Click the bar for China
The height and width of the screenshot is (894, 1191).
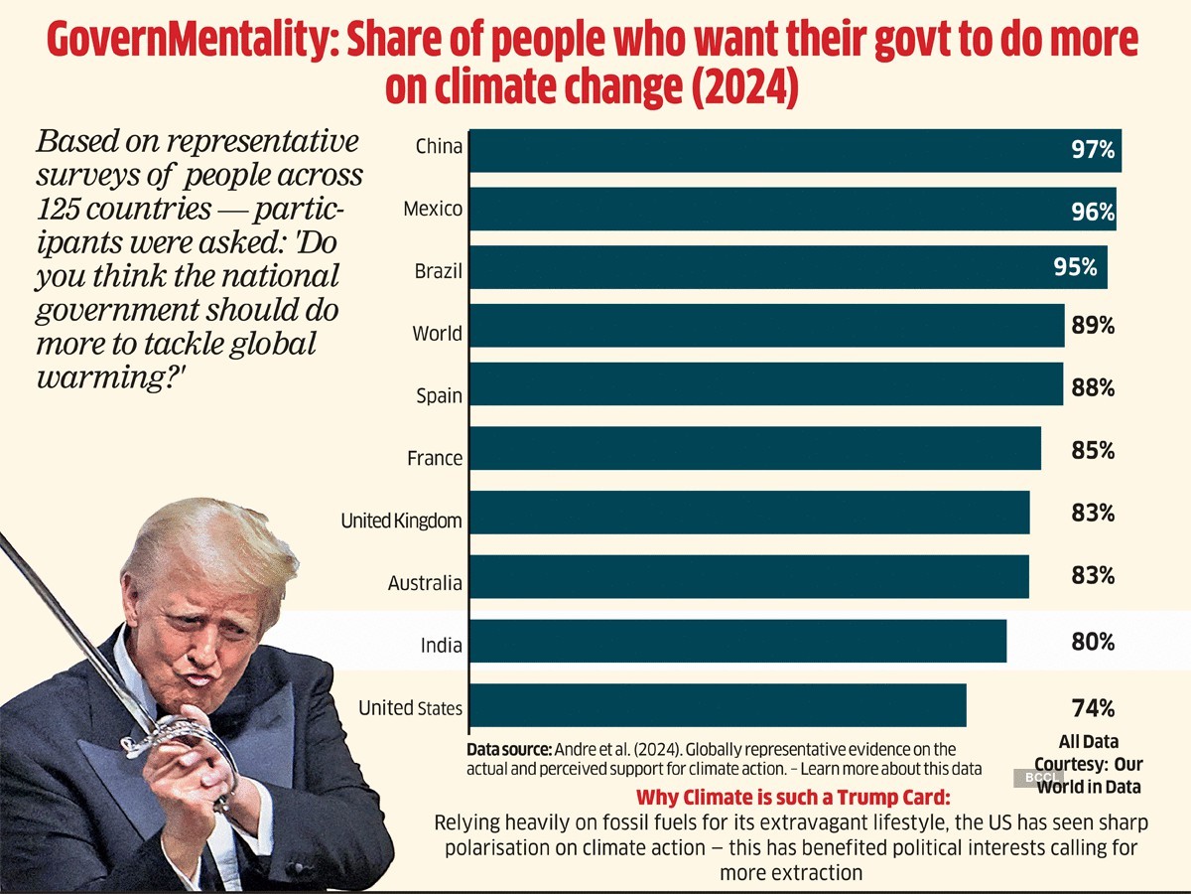point(794,150)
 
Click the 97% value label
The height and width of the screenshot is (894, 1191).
point(1093,151)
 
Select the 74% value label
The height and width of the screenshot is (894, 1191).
point(1093,708)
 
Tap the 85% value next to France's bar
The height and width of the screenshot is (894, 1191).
point(1093,451)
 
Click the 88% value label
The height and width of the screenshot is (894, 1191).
point(1093,388)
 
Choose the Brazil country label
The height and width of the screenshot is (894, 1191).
point(438,271)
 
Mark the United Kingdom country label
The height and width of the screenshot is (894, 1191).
point(401,521)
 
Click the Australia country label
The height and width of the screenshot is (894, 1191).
point(425,583)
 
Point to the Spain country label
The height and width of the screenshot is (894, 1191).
point(439,396)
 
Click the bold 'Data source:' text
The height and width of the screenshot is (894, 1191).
point(509,749)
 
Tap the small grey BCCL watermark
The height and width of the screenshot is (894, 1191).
point(1037,778)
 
